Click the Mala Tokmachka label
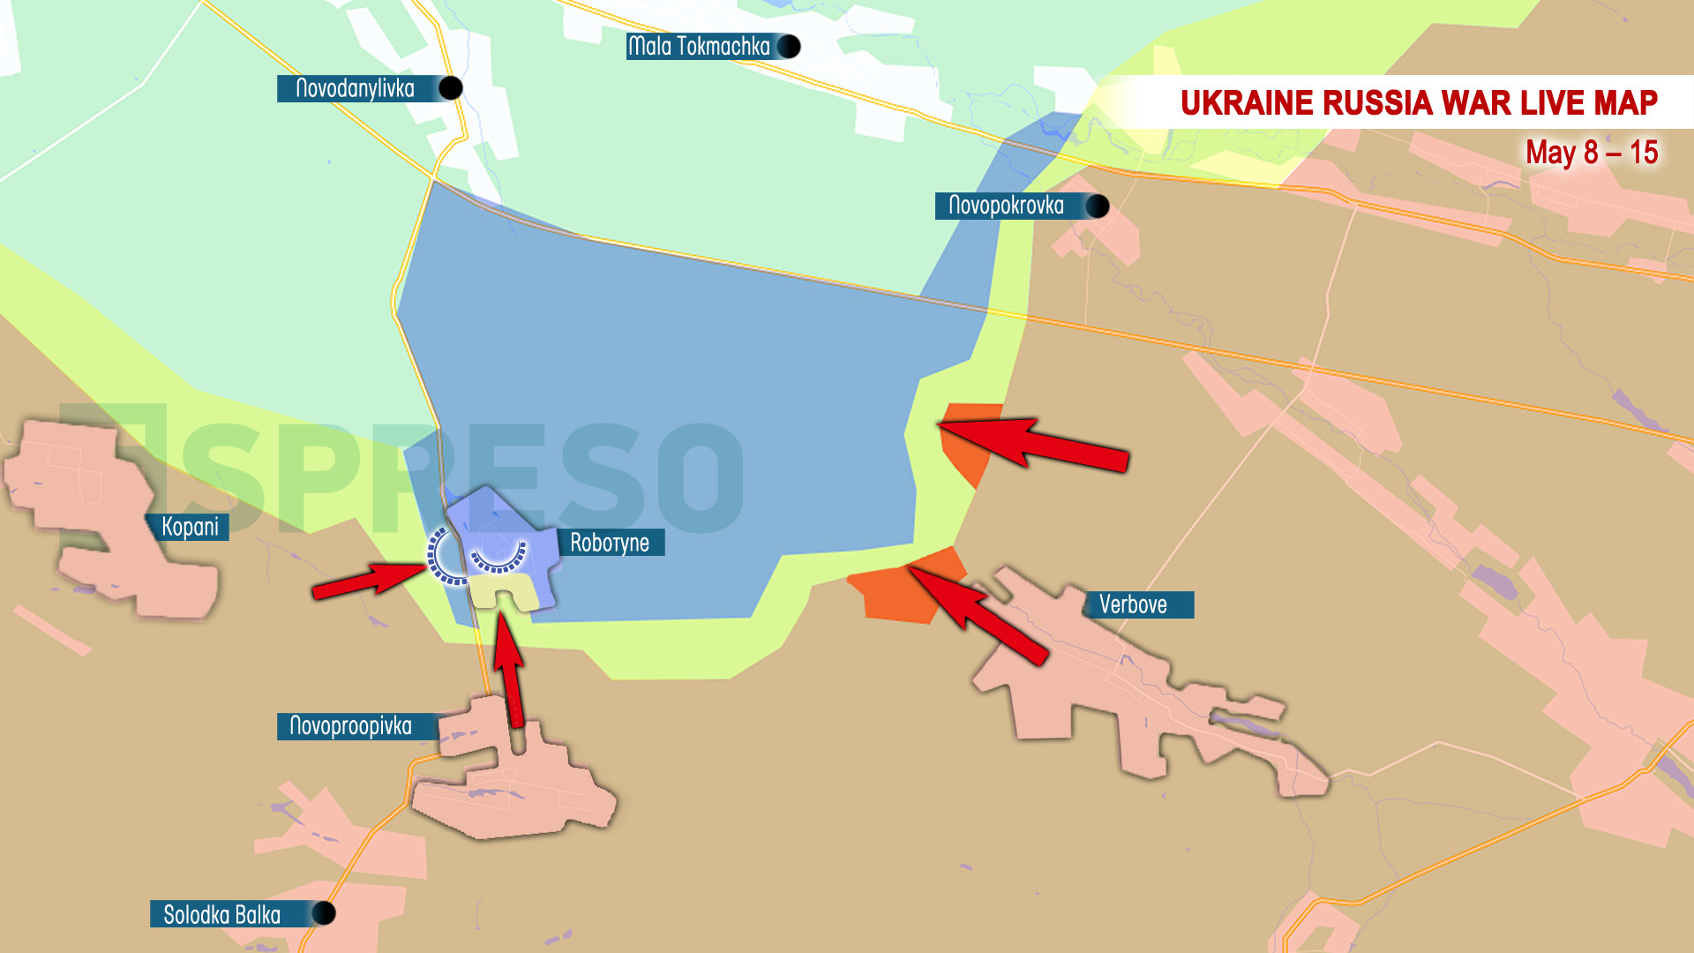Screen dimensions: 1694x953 click(699, 46)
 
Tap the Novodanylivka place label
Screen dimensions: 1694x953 click(355, 88)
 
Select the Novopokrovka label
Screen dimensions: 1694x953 click(1006, 206)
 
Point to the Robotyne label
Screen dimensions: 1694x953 click(610, 543)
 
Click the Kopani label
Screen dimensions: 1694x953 click(190, 527)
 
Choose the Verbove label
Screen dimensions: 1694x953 click(1133, 604)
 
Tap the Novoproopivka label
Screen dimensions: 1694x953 click(351, 726)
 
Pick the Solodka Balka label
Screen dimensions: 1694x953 click(222, 914)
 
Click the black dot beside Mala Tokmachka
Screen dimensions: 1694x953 click(789, 46)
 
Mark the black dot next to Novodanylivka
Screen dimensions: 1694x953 click(451, 88)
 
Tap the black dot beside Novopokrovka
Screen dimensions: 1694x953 click(1098, 206)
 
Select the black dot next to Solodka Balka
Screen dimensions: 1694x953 click(324, 913)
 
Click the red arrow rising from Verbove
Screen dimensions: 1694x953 click(979, 613)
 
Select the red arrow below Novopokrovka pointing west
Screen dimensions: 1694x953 click(1032, 441)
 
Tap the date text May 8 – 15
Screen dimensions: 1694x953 click(1592, 153)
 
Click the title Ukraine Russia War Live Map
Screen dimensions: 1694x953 click(1419, 103)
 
